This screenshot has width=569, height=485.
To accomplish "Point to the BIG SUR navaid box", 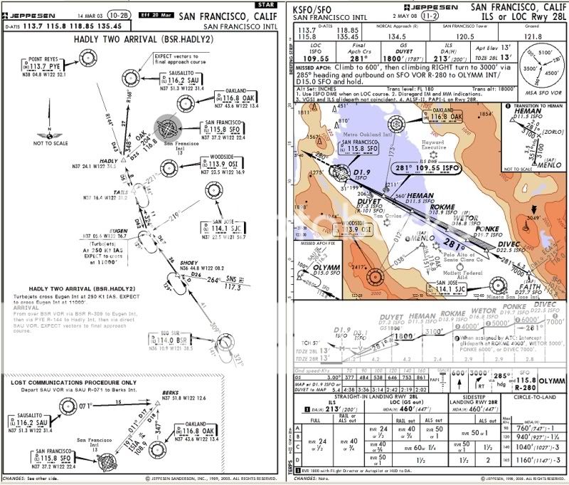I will click(x=167, y=340).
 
